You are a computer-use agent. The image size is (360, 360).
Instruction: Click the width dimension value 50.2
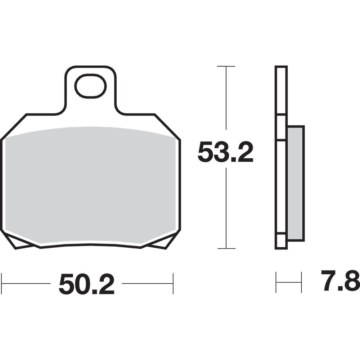click(86, 284)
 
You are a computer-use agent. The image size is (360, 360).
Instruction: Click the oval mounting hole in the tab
click(90, 86)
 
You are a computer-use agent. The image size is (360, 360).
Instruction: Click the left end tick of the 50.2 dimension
click(2, 284)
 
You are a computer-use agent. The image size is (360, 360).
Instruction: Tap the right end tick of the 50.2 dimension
click(173, 284)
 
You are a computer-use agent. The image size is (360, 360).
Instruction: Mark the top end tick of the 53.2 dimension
click(226, 67)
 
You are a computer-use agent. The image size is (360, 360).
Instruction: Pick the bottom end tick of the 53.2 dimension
click(226, 248)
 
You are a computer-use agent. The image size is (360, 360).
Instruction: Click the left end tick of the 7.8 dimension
click(276, 282)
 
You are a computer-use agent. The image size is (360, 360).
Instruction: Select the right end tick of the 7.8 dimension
click(301, 282)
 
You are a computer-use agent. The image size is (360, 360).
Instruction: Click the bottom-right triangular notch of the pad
click(158, 243)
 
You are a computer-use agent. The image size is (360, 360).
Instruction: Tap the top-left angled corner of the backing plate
click(14, 126)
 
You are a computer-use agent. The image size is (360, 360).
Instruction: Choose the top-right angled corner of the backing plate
click(167, 126)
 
